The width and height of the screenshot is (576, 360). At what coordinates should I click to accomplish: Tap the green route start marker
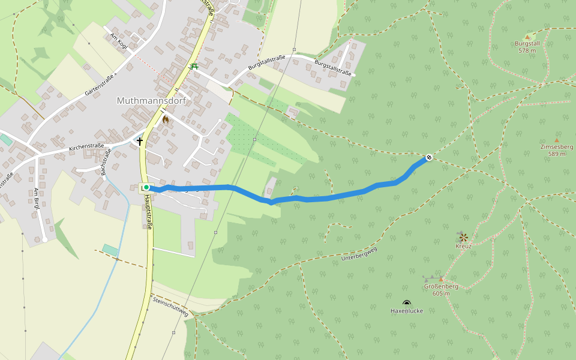pos(146,188)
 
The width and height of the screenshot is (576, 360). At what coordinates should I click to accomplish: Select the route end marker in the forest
pos(429,158)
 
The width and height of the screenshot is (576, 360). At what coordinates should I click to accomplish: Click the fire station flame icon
pos(166,119)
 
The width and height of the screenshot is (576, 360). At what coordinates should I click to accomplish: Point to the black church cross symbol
pos(140,142)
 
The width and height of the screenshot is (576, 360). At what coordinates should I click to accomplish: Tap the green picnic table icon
pos(193,66)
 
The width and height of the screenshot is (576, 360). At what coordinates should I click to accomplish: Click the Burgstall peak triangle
pos(527,37)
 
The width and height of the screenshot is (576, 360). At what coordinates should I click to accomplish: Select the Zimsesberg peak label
pos(556,147)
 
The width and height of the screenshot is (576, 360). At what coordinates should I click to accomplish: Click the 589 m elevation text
pos(556,154)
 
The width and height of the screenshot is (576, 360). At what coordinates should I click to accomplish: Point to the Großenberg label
pos(441,286)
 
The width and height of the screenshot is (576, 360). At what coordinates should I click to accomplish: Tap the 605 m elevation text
pos(441,293)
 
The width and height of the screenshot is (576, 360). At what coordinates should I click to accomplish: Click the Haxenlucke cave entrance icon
pos(407,303)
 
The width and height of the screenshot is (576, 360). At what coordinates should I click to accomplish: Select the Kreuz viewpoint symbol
pos(463,237)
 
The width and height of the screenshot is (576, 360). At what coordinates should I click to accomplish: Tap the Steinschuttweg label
pos(170,306)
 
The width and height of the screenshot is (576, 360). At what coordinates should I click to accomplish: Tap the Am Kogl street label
pos(119,41)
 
